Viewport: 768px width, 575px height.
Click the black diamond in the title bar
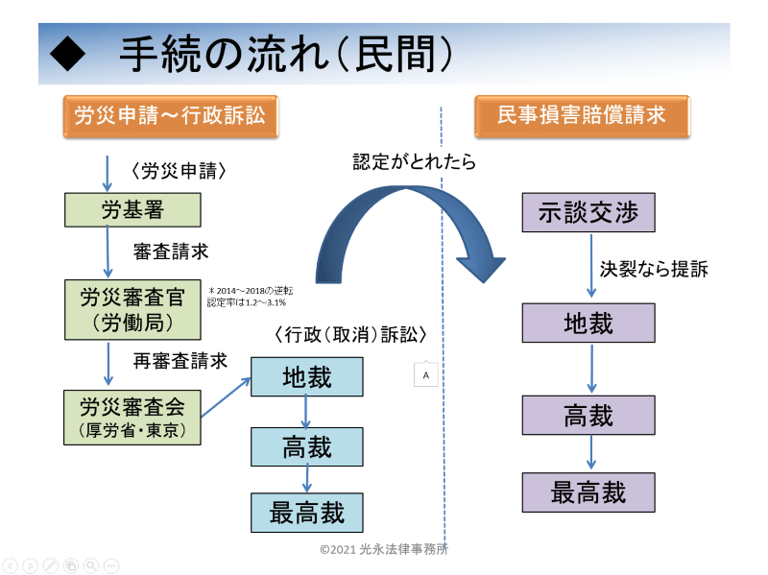click(x=67, y=54)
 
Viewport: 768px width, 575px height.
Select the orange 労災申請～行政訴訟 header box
click(x=171, y=116)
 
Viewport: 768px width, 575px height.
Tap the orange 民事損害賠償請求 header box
click(x=583, y=116)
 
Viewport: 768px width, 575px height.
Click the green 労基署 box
click(x=132, y=210)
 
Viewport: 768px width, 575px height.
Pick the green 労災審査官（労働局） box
click(x=132, y=309)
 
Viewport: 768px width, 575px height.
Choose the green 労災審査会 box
click(x=132, y=418)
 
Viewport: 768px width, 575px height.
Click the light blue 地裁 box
click(x=307, y=376)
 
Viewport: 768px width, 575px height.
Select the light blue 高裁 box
click(x=307, y=446)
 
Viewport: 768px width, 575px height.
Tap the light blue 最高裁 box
click(x=307, y=513)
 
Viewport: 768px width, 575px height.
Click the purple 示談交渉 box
click(x=588, y=212)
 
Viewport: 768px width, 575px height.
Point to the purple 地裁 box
click(x=588, y=323)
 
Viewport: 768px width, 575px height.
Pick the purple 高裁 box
click(x=588, y=416)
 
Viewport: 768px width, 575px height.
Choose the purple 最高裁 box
click(x=588, y=492)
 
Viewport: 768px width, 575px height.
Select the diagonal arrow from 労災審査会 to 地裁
click(x=226, y=397)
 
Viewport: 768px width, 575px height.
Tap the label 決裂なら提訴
click(x=654, y=269)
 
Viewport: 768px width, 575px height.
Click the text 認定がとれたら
click(x=414, y=161)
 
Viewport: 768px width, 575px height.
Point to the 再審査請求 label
click(x=180, y=361)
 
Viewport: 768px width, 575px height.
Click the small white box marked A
click(x=425, y=374)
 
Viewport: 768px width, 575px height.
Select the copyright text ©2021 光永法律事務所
click(x=383, y=549)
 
